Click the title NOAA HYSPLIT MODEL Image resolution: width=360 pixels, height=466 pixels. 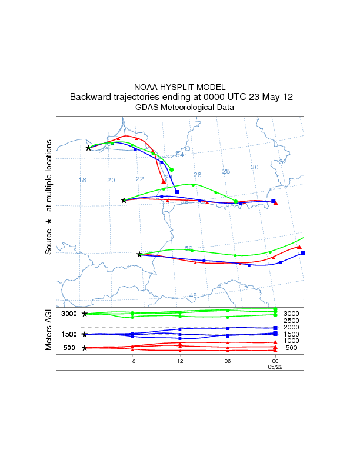[x=179, y=87]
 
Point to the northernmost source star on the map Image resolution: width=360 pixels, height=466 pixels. [x=88, y=148]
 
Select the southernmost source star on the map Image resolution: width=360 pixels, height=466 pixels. [x=139, y=254]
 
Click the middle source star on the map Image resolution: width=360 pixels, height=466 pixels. [x=124, y=200]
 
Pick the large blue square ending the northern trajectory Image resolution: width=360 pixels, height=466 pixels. [x=176, y=192]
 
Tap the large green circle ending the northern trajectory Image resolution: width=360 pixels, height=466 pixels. [x=171, y=169]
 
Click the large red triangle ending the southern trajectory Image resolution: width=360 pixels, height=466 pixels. [x=299, y=247]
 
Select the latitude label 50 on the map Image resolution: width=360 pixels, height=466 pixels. [x=188, y=248]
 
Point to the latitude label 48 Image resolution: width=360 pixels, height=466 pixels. [x=193, y=295]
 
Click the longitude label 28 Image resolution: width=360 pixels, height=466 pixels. [x=226, y=171]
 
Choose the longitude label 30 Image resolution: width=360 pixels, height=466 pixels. [x=255, y=167]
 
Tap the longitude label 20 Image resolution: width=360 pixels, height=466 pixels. [x=111, y=180]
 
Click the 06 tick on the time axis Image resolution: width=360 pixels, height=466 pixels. [x=227, y=361]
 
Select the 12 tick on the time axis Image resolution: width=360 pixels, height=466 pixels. [x=179, y=361]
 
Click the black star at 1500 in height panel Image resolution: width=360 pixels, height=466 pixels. [x=85, y=334]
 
